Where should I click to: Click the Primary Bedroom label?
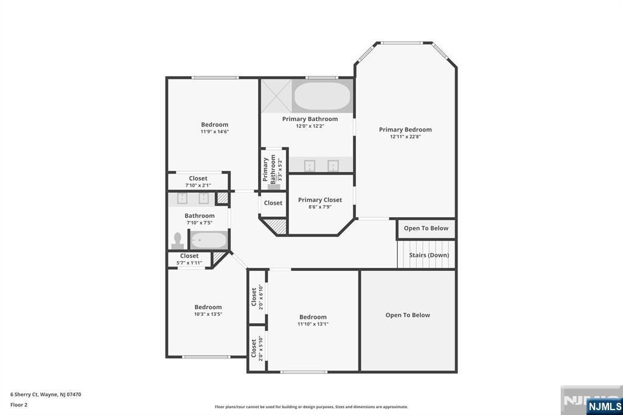tap(405, 130)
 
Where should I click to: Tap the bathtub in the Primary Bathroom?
tap(322, 96)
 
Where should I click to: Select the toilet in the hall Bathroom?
tap(178, 240)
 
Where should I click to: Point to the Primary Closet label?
tap(320, 200)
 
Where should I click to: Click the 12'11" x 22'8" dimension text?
tap(405, 137)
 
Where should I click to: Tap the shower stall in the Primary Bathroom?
tap(276, 96)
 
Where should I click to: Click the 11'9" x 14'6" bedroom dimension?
tap(215, 131)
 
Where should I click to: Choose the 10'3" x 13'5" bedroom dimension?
tap(208, 314)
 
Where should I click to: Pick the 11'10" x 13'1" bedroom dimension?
tap(313, 324)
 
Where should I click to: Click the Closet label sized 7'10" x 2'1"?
tap(198, 178)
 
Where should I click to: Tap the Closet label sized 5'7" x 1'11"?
tap(189, 256)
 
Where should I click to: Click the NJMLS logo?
tap(604, 406)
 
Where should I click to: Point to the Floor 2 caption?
tap(19, 404)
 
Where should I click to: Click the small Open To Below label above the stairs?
tap(426, 228)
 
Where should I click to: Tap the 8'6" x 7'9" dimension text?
tap(320, 207)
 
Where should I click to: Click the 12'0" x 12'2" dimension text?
tap(310, 126)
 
